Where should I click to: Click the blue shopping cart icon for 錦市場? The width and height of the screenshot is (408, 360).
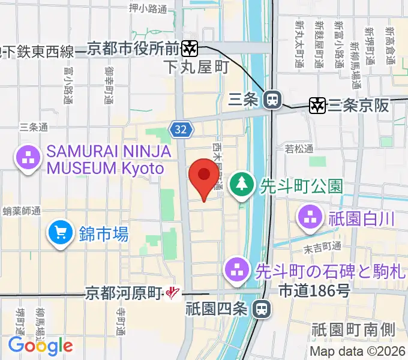[x=61, y=233]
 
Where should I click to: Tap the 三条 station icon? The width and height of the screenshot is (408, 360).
[x=273, y=100]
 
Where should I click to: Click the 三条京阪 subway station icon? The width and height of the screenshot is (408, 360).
[x=317, y=106]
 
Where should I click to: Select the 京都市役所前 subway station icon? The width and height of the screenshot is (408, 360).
[x=191, y=47]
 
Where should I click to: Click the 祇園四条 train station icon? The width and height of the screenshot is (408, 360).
[x=261, y=309]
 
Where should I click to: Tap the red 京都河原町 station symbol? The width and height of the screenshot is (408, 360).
[x=173, y=293]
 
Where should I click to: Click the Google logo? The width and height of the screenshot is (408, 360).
[x=40, y=345]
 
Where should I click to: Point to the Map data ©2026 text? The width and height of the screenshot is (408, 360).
[x=358, y=352]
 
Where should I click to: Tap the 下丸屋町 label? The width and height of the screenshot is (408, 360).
[x=196, y=67]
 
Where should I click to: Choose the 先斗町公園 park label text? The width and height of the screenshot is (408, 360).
[x=301, y=186]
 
